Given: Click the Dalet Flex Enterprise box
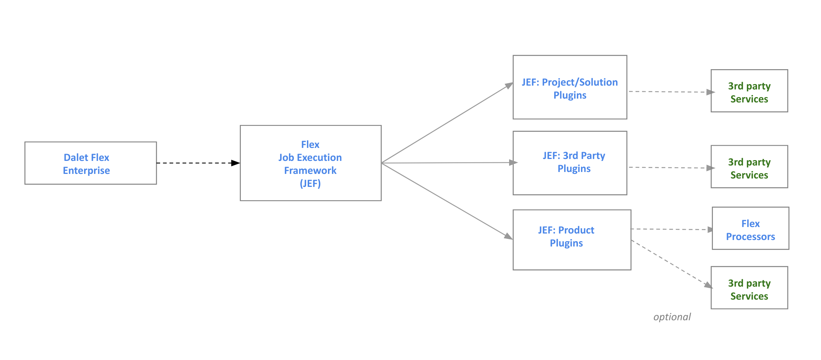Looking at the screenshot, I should (91, 163).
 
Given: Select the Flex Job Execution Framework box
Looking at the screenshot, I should (310, 163).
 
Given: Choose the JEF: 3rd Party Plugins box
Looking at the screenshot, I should (570, 163).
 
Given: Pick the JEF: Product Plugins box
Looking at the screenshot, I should (571, 240).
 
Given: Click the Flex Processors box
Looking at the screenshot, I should (750, 229).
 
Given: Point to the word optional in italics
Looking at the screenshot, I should (672, 317).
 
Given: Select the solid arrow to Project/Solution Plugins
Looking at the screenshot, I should (447, 123).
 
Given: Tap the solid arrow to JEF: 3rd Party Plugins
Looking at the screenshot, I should (447, 163).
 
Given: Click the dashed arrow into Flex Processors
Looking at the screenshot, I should (671, 229).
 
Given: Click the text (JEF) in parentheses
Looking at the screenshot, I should (310, 184).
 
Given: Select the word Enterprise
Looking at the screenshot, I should (86, 170).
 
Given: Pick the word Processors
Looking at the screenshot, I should (750, 237).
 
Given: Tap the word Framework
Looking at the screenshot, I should (310, 170).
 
